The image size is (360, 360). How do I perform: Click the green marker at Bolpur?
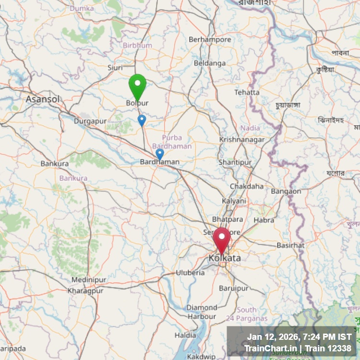coord(137,85)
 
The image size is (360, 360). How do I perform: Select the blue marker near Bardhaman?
coord(160,154)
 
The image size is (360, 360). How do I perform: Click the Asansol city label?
coord(43,99)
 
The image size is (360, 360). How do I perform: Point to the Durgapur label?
coord(90,121)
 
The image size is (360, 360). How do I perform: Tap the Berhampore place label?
coord(210,39)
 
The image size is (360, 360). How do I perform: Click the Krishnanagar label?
coord(241,139)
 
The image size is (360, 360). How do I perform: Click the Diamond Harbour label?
coord(202,312)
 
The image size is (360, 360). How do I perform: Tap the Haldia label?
coord(185,335)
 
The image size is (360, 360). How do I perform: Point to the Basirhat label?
coord(290,245)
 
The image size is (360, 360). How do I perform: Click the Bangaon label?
coord(286,191)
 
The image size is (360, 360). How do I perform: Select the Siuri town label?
coord(115,68)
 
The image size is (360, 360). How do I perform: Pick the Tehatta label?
coord(247,92)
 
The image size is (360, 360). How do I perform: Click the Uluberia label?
coord(190,273)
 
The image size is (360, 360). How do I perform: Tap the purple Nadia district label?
coord(250,128)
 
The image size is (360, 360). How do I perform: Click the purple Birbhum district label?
coord(137,45)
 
